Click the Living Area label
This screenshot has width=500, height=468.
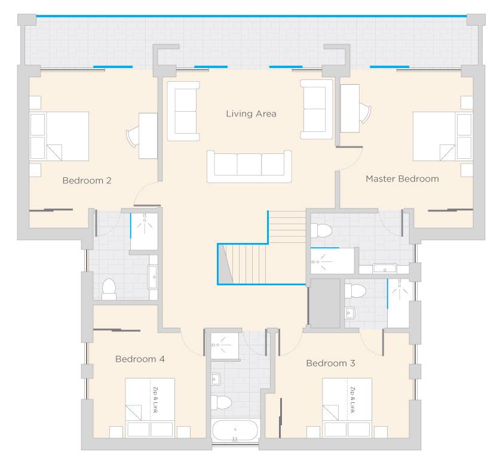pyautogui.click(x=251, y=114)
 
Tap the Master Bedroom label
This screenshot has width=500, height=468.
pyautogui.click(x=402, y=178)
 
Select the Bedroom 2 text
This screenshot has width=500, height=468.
pyautogui.click(x=87, y=181)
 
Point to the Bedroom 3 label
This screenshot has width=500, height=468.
pyautogui.click(x=330, y=363)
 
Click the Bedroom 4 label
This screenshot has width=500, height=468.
pyautogui.click(x=140, y=359)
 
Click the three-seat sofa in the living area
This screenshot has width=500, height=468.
pyautogui.click(x=249, y=167)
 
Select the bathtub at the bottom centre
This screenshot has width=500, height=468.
pyautogui.click(x=235, y=430)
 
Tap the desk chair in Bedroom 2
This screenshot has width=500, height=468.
pyautogui.click(x=133, y=137)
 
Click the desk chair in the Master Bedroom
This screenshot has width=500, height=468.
pyautogui.click(x=366, y=113)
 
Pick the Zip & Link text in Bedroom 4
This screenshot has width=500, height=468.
pyautogui.click(x=155, y=400)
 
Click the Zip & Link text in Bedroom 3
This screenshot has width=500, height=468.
pyautogui.click(x=352, y=400)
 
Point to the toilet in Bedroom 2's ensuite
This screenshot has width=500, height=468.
pyautogui.click(x=109, y=289)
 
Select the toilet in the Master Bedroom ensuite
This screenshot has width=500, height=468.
pyautogui.click(x=321, y=230)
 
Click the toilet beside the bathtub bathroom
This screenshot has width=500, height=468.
pyautogui.click(x=221, y=403)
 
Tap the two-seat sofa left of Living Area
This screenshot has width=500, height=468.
pyautogui.click(x=183, y=111)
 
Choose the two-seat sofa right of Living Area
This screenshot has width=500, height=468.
pyautogui.click(x=317, y=109)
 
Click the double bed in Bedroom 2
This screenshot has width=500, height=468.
pyautogui.click(x=59, y=136)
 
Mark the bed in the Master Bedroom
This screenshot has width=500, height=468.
pyautogui.click(x=443, y=136)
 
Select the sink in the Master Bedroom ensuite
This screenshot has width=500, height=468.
pyautogui.click(x=385, y=269)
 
